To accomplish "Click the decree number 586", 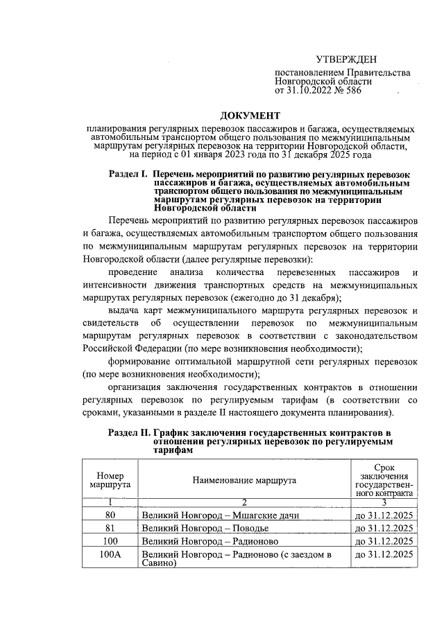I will (x=351, y=90).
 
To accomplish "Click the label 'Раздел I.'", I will (x=129, y=175).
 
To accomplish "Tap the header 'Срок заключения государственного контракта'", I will (x=384, y=480).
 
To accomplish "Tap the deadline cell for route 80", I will (x=384, y=515).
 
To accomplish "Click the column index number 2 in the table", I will (x=245, y=503).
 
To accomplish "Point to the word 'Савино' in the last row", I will (x=158, y=563).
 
